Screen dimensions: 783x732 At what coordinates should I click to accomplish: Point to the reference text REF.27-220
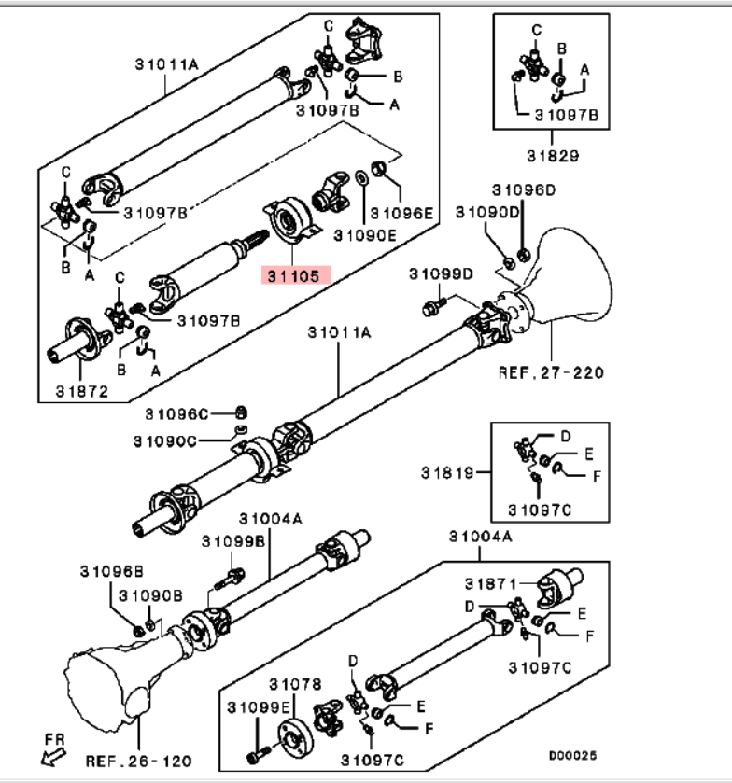tap(550, 372)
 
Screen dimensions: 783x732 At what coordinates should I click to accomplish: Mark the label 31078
tap(295, 684)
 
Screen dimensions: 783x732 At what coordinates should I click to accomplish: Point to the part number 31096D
tap(524, 189)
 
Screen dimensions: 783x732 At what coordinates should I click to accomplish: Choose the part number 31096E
tap(402, 213)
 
